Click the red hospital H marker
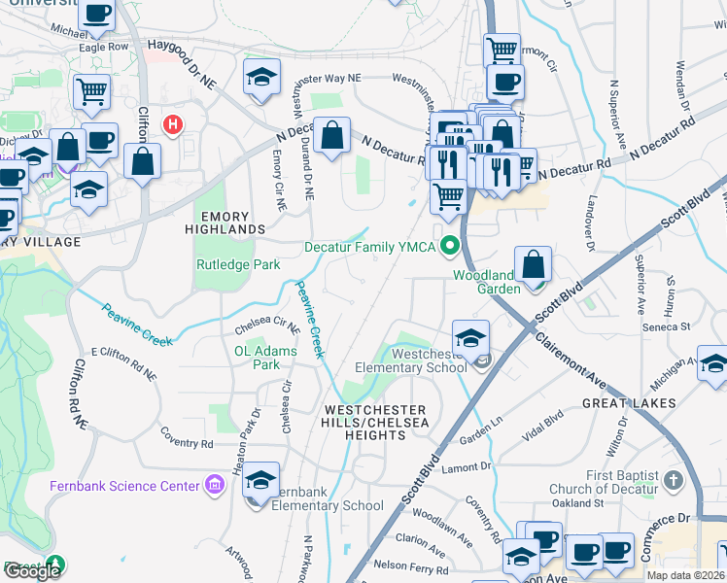coord(173,124)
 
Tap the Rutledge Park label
coord(238,264)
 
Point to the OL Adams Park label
coord(257,358)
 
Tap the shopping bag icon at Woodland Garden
coord(534,265)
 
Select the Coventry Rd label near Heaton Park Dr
coord(187,437)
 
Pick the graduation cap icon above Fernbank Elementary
coord(260,480)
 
